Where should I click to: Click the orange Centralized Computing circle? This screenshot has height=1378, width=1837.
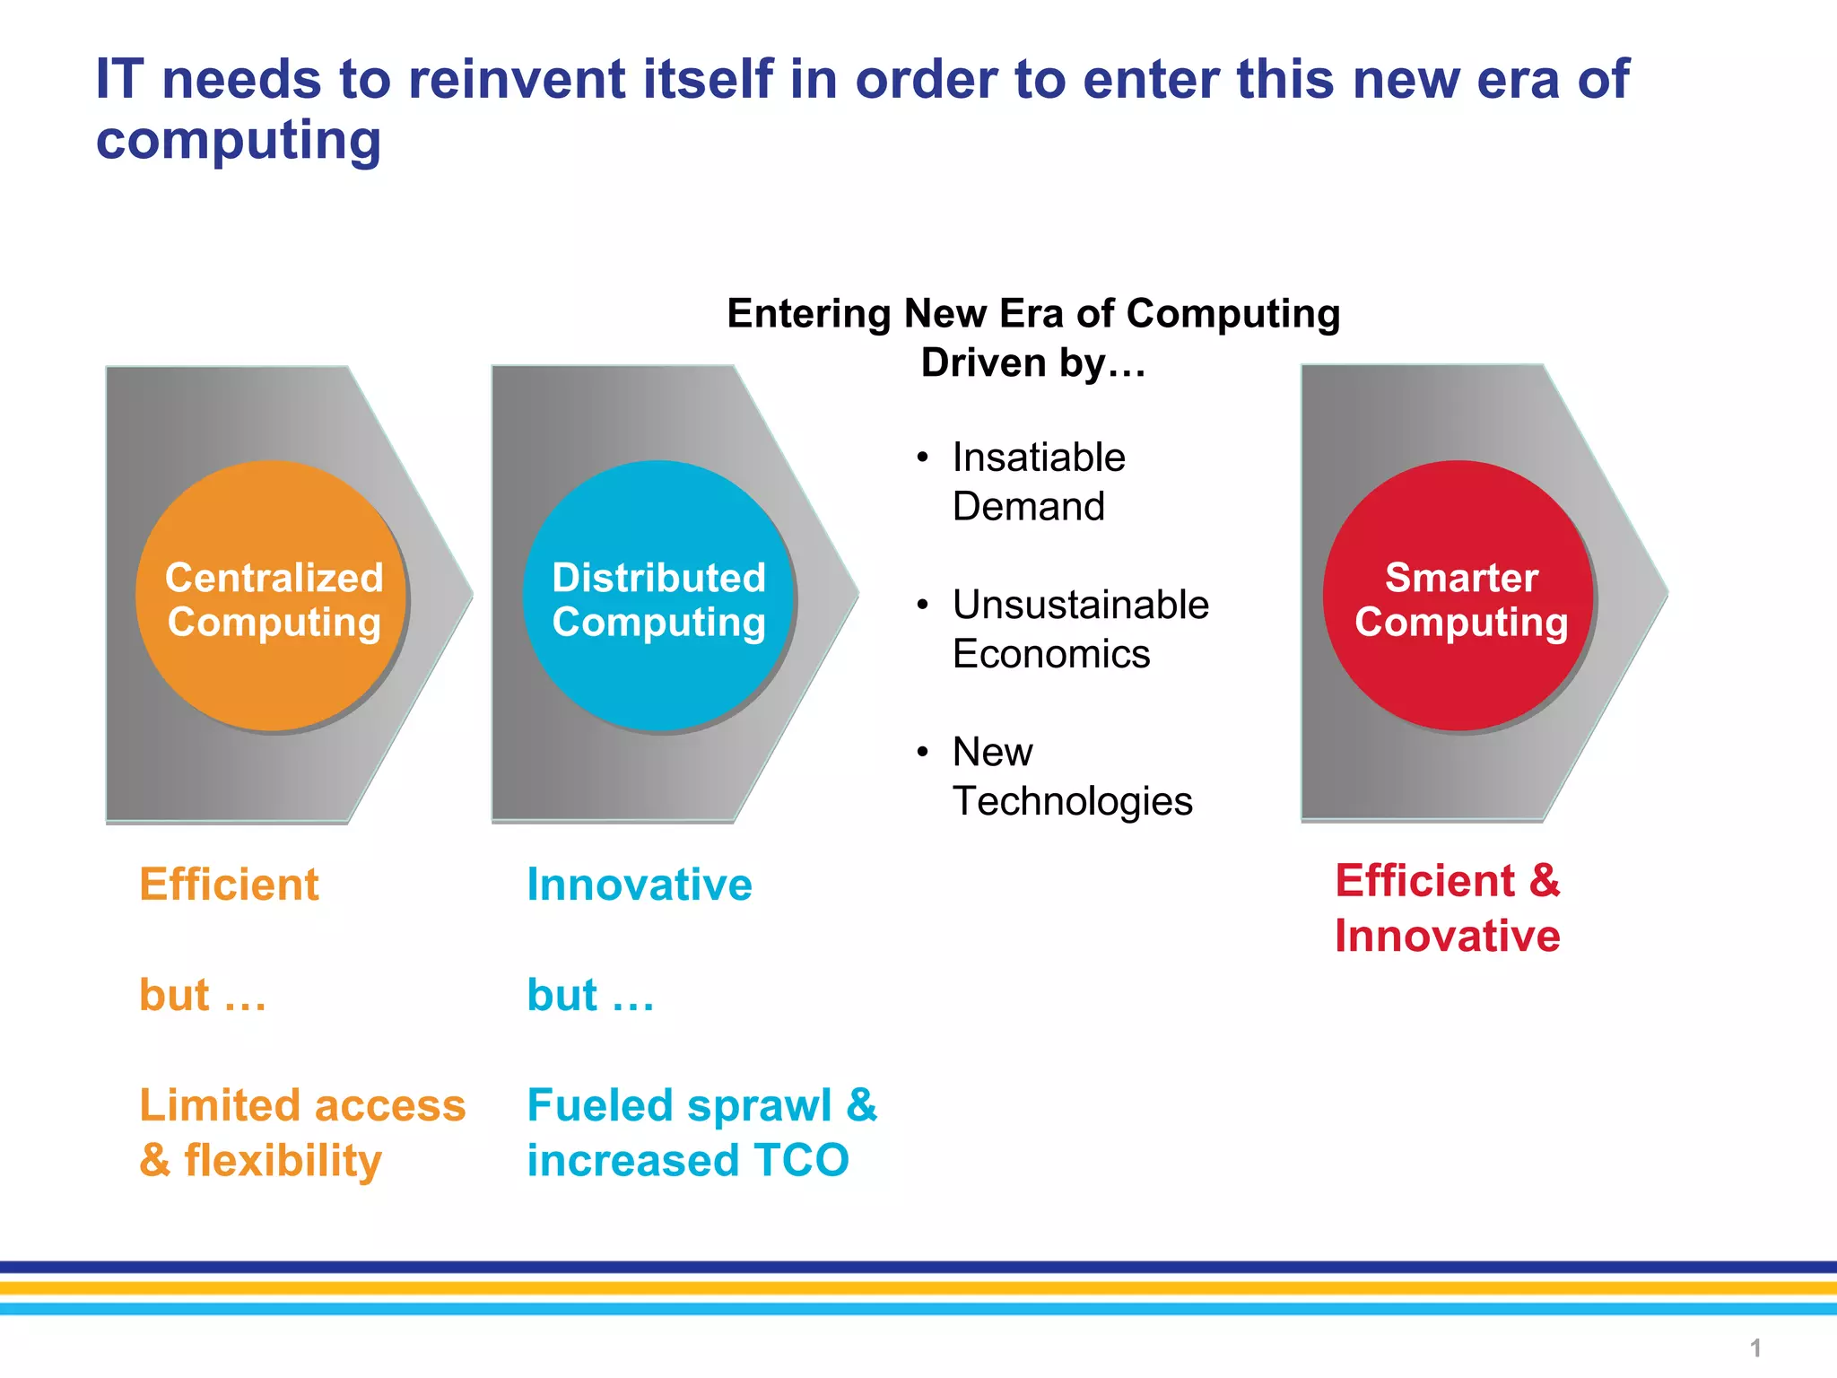coord(272,597)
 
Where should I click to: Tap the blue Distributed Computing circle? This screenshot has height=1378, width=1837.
coord(658,597)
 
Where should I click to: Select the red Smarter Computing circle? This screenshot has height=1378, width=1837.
coord(1458,597)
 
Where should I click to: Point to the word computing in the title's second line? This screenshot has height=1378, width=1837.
coord(239,140)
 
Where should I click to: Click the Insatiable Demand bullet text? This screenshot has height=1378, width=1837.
coord(1038,482)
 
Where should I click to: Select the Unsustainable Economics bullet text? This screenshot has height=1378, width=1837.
coord(1080,629)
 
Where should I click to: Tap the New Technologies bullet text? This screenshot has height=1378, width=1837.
coord(1072,776)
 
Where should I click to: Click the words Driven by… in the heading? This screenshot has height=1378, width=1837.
coord(1033,363)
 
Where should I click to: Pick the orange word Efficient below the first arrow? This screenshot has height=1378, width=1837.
coord(229,885)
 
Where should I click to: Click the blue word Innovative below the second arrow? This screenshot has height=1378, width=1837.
coord(640,885)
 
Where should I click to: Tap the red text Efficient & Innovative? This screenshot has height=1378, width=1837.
coord(1447,908)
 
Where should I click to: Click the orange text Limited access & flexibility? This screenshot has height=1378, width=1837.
coord(301,1132)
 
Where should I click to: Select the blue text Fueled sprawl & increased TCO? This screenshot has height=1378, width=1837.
coord(701,1132)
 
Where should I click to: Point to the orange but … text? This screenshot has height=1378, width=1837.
coord(203,995)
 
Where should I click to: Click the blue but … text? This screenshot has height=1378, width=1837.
coord(590,995)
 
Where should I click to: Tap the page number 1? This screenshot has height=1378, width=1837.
coord(1755,1347)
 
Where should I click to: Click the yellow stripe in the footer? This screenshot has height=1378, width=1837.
coord(918,1288)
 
